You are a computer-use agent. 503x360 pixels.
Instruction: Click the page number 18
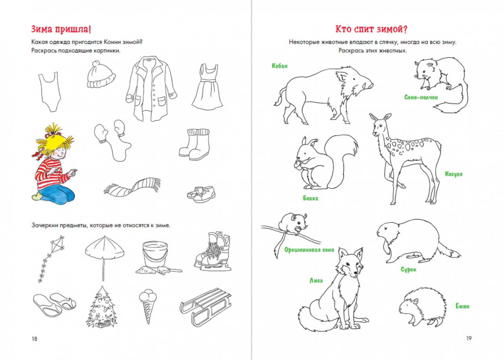tap(34, 339)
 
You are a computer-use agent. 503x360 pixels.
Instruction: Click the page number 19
tap(469, 338)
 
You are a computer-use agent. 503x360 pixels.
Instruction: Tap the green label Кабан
tap(279, 66)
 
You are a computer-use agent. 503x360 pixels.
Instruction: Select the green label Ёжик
tap(463, 306)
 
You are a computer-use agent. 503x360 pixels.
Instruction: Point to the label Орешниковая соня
tap(309, 250)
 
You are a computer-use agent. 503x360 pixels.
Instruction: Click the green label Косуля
tap(454, 174)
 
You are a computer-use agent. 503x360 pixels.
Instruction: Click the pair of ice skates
tap(213, 252)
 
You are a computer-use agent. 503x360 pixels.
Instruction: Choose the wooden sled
tap(206, 307)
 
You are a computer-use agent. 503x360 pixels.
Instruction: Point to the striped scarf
tap(132, 188)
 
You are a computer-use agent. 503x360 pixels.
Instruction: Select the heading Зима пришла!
tap(61, 29)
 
